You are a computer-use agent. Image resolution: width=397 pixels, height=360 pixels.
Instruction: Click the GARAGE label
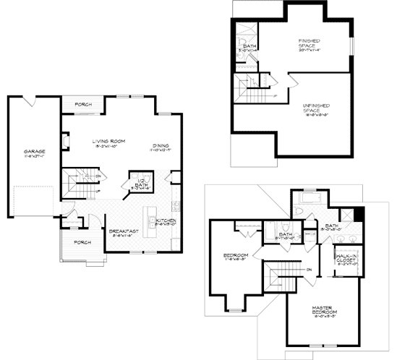pos(34,153)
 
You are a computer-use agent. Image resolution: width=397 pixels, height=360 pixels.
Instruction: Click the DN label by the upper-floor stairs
pos(289,270)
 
